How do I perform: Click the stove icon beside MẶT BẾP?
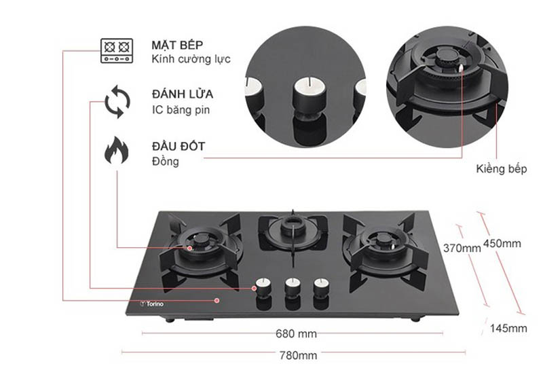tap(115, 51)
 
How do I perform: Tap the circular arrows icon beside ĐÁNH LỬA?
tap(117, 101)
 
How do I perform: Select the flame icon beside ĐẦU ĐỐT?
tap(116, 151)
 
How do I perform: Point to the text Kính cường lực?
tap(191, 59)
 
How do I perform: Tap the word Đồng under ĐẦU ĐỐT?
tap(166, 162)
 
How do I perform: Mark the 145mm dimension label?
tap(508, 329)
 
